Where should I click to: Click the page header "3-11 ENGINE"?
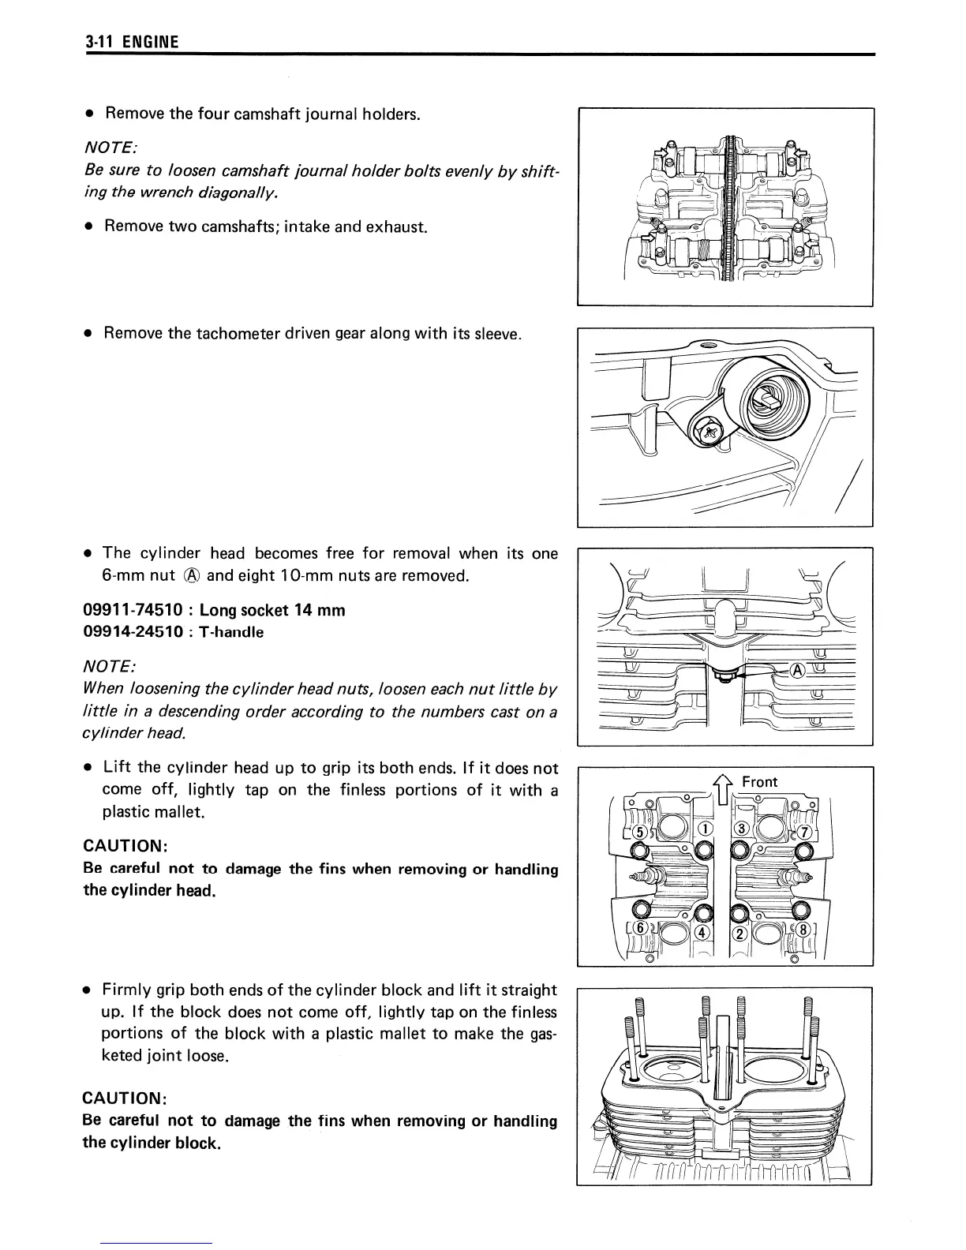tap(132, 42)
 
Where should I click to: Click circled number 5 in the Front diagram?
tap(641, 832)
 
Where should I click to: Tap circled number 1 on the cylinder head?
tap(705, 829)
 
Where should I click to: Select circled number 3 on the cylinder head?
tap(741, 829)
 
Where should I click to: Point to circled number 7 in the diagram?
tap(804, 832)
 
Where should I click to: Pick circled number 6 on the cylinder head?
tap(641, 929)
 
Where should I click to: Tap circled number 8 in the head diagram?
tap(803, 930)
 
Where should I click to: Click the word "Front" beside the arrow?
tap(759, 782)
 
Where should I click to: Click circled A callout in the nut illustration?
tap(798, 670)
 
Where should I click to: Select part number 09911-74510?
tap(137, 611)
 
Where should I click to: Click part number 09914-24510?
tap(137, 632)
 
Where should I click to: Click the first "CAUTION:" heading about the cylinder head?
tap(125, 846)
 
